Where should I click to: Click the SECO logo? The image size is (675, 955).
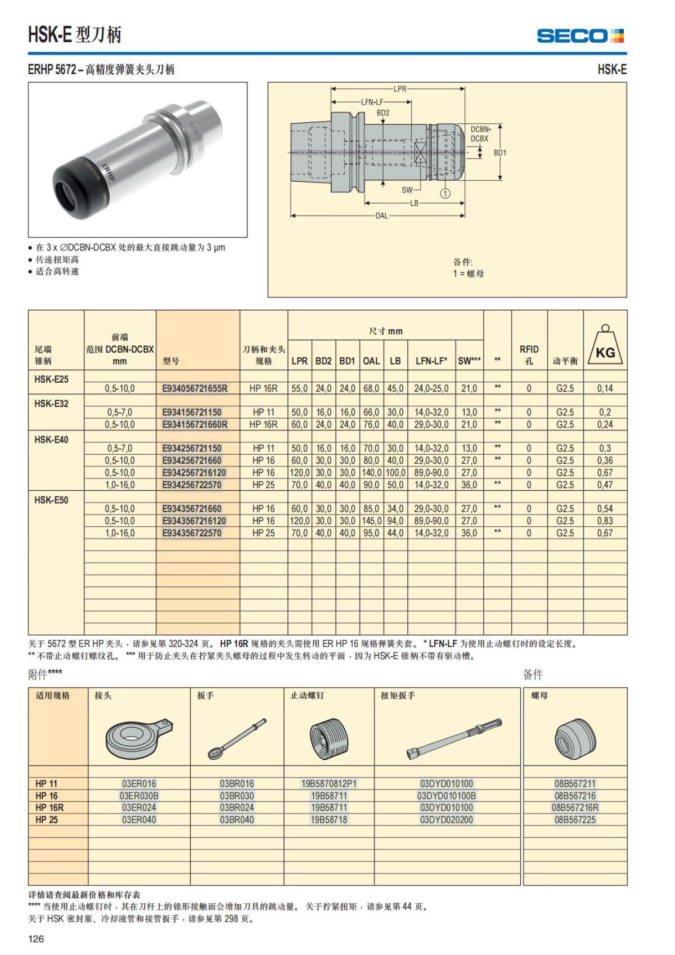coord(580,36)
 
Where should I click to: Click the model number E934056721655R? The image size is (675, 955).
coord(195,388)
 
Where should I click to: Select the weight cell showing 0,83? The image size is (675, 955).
coord(605,521)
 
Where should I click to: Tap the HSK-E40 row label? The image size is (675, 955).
coord(51,440)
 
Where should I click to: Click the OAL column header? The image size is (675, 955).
coord(371,361)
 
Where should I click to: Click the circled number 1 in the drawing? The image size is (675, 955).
coord(445,194)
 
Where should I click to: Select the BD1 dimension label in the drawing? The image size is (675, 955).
coord(500,153)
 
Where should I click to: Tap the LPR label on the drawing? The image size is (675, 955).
coord(399,89)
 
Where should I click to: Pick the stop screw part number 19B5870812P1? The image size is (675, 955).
coord(329,783)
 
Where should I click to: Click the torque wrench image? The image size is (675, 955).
coord(453,737)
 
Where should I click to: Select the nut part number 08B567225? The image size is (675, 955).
coord(575,820)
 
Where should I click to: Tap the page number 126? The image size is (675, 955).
coord(36,939)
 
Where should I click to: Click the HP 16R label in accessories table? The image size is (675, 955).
coord(49,808)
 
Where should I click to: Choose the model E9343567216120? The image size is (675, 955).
coord(193,521)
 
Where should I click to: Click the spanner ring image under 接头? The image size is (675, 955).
coord(138,737)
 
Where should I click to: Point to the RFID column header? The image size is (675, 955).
coord(529,355)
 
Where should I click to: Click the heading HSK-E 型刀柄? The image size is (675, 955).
coord(75,35)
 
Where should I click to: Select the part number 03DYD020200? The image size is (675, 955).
coord(447,820)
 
